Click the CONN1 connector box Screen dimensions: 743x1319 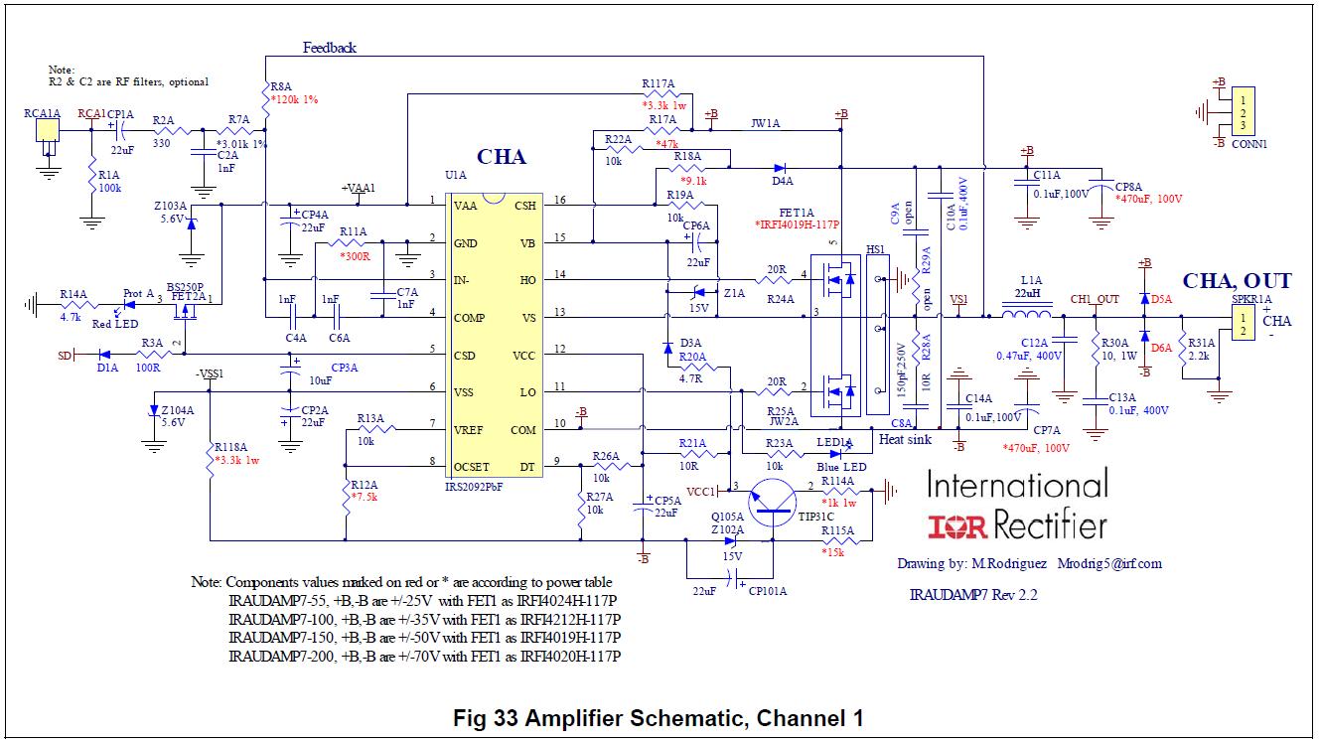click(x=1242, y=112)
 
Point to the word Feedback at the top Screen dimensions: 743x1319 click(x=330, y=48)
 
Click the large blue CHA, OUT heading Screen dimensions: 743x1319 click(x=1237, y=281)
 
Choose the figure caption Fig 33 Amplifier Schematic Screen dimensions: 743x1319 click(x=658, y=717)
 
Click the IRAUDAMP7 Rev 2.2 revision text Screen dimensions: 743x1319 click(x=973, y=595)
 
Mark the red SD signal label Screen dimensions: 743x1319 click(x=66, y=354)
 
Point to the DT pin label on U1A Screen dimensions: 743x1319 click(x=526, y=466)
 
